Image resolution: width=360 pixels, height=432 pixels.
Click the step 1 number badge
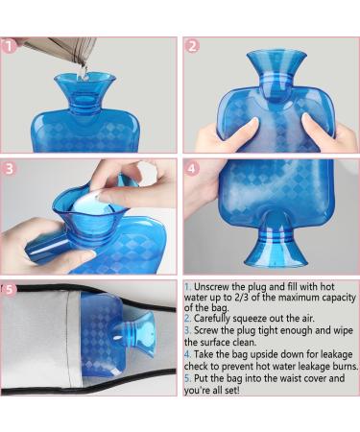tap(11, 44)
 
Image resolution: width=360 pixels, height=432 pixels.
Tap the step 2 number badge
tap(192, 45)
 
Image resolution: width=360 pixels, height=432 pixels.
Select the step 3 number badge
tap(11, 167)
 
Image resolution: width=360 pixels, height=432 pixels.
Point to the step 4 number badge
tap(192, 167)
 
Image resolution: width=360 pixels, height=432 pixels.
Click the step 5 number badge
tap(11, 287)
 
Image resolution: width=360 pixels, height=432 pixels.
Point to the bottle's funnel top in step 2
tap(277, 63)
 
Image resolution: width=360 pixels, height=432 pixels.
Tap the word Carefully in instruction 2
tap(217, 319)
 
